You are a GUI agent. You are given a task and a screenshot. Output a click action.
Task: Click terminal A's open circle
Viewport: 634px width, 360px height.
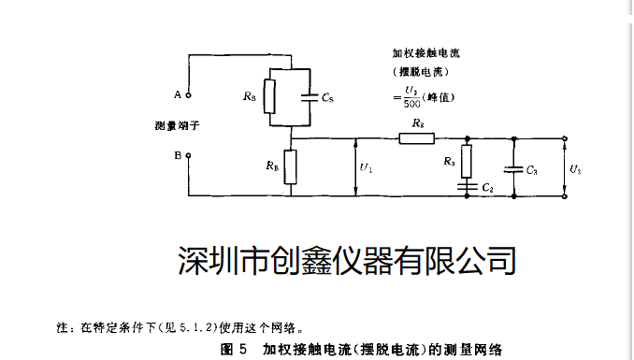189,94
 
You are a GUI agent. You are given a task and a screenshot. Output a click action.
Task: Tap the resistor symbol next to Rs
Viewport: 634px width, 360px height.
269,95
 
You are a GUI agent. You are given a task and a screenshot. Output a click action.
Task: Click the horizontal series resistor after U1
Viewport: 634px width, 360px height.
417,138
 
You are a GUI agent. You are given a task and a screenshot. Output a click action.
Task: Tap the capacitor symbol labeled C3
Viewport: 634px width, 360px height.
513,169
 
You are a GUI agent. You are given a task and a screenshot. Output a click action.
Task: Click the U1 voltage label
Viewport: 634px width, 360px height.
366,168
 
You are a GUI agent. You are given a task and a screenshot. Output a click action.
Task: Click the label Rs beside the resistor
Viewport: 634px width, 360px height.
248,96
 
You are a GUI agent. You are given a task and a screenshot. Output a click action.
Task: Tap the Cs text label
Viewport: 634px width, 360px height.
327,96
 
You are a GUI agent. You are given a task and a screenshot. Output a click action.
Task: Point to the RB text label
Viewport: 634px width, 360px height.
271,166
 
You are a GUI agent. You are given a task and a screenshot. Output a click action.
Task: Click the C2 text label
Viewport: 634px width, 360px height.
487,188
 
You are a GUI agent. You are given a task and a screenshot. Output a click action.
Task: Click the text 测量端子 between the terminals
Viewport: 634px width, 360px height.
179,124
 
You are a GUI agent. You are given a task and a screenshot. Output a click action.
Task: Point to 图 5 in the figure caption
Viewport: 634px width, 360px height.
233,350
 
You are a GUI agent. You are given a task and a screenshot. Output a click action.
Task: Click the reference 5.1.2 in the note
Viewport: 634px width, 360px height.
202,327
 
